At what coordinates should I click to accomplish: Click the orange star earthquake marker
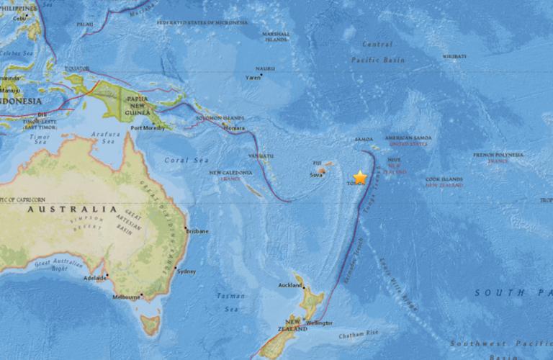point(360,177)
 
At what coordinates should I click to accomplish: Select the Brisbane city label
point(197,232)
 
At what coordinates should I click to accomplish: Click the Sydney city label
point(186,271)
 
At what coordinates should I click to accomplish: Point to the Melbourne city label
point(127,296)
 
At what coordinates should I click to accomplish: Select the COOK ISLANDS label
point(444,179)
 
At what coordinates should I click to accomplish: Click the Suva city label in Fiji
point(317,175)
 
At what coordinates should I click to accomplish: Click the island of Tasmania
point(149,325)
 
